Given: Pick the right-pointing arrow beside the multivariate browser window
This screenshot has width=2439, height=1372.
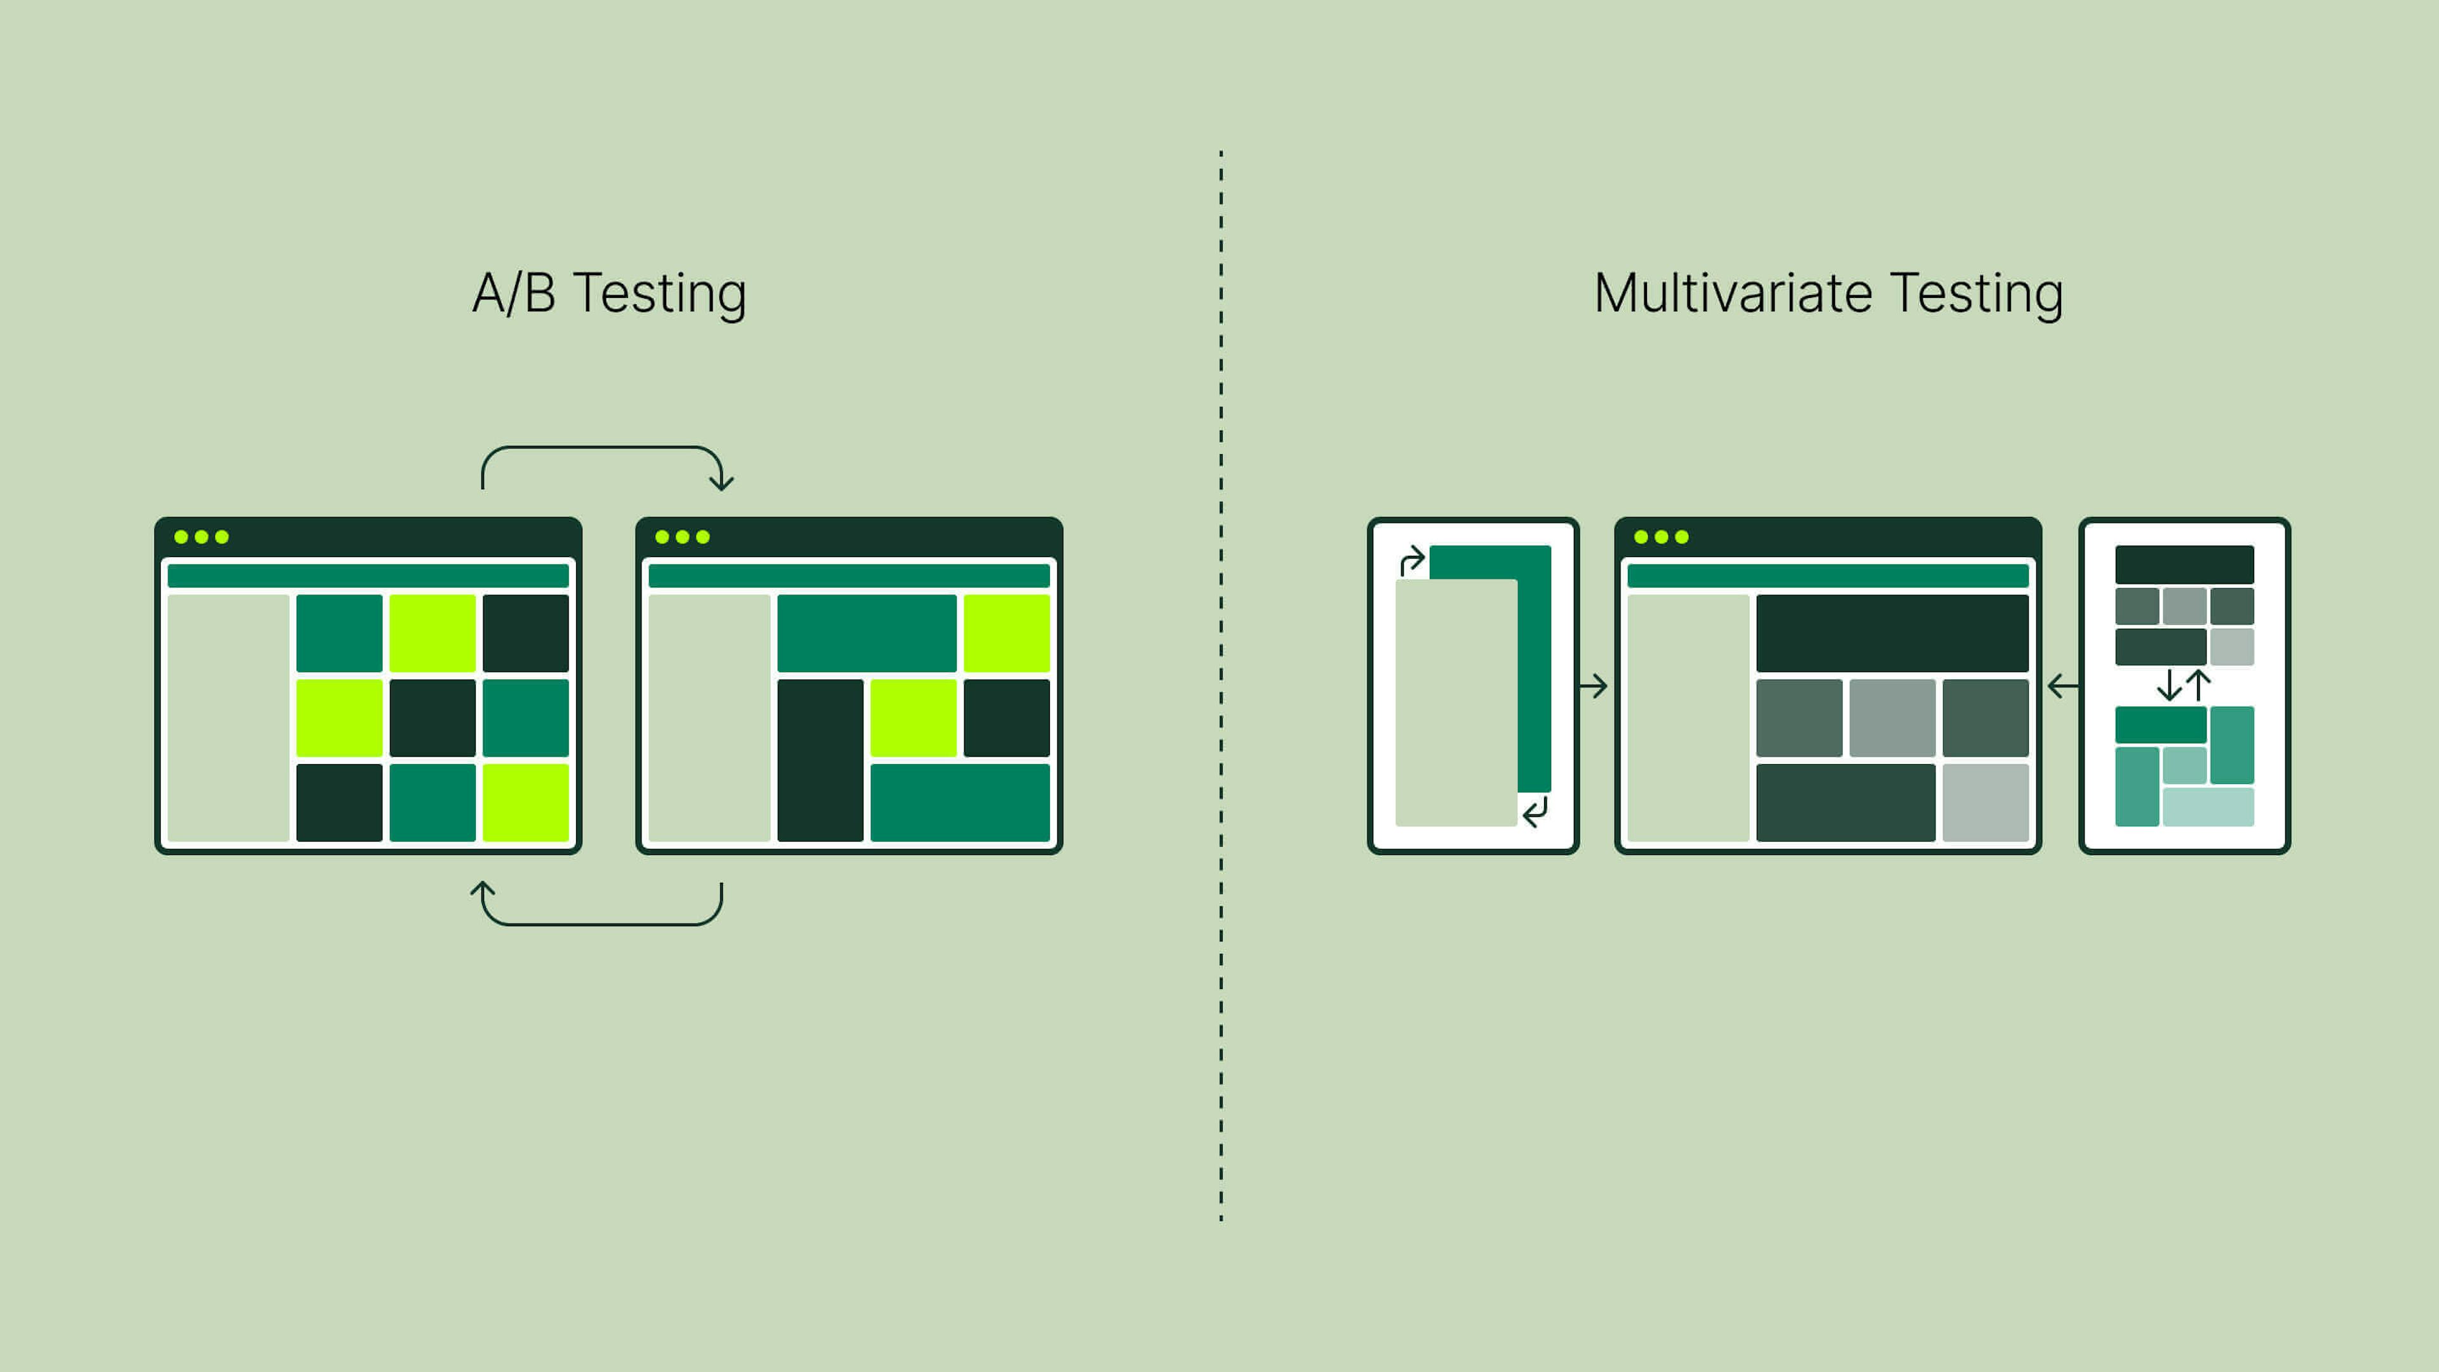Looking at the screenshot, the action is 1594,685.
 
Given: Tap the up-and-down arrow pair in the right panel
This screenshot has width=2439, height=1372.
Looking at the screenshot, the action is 2184,685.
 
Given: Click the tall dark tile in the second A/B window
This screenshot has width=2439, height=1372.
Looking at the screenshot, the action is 820,760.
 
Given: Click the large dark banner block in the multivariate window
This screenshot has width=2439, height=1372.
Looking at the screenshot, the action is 1891,633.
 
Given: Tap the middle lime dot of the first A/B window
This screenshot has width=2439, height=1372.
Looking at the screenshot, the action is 201,537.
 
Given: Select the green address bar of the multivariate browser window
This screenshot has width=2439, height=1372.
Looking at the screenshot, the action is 1827,575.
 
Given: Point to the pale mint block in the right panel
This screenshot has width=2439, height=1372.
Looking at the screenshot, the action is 2208,807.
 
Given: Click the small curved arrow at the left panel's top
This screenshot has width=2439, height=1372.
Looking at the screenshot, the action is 1412,560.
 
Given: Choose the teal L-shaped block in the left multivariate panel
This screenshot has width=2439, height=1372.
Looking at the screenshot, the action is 1535,662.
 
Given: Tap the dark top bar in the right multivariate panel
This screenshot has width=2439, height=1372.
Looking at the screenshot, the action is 2184,564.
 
